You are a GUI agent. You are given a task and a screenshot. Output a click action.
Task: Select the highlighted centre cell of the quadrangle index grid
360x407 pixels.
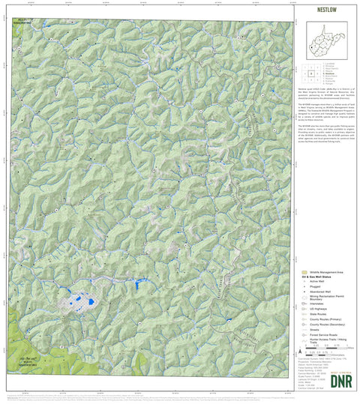point(311,74)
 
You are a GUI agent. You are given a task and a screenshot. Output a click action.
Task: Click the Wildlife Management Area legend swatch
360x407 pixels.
point(304,272)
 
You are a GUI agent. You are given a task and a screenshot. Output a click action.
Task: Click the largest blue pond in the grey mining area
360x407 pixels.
point(91,304)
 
